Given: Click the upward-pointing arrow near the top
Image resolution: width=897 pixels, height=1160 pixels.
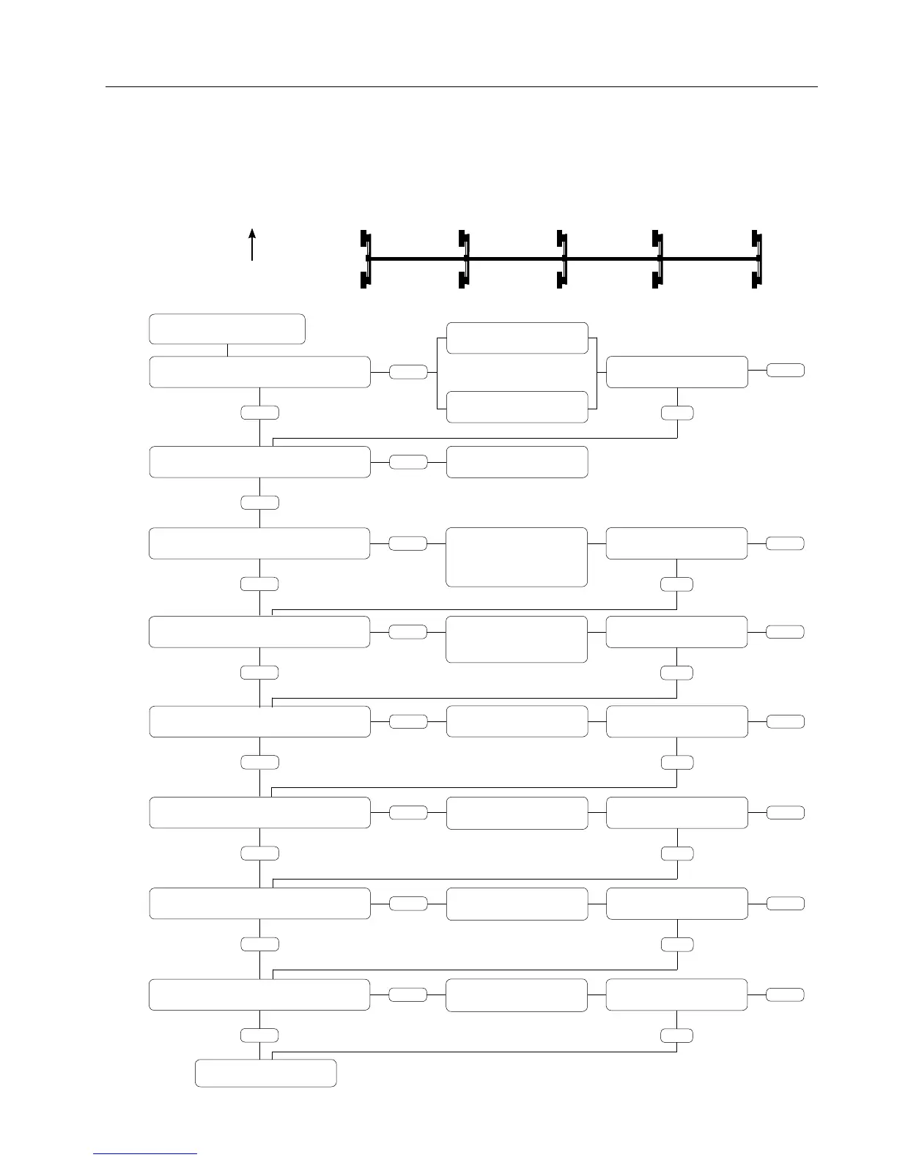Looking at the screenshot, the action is click(252, 244).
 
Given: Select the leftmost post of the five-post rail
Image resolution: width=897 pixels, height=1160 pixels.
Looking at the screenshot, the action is click(366, 259).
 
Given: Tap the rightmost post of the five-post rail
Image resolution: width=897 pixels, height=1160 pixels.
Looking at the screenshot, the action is click(757, 259).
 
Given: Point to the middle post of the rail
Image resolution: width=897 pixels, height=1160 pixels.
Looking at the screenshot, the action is click(561, 259).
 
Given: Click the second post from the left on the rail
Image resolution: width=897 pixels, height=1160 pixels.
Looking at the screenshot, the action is click(464, 259).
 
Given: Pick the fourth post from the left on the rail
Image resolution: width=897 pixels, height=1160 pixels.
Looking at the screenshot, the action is click(658, 259).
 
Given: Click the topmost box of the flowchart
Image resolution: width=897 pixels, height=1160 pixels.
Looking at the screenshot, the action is click(227, 329).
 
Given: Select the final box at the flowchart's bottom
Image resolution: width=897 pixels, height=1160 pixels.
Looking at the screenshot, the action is click(266, 1073).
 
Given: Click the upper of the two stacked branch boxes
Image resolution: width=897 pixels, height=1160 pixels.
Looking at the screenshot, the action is click(517, 338).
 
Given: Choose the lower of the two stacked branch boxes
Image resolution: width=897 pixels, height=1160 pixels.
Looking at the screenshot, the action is click(517, 407).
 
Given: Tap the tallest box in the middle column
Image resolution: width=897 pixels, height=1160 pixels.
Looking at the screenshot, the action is click(517, 557).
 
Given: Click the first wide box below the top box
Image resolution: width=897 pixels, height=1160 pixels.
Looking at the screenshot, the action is click(259, 372).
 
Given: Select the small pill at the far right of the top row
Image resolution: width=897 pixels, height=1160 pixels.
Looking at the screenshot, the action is click(785, 371).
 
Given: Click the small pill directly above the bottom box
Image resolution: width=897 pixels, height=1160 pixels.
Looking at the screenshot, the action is click(259, 1035).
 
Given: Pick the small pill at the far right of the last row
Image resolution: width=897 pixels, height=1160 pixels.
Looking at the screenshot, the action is click(785, 994).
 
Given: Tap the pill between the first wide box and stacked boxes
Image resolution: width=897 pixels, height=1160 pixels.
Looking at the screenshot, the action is click(407, 372).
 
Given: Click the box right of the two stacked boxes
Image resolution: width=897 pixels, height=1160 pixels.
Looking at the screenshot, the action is click(677, 372).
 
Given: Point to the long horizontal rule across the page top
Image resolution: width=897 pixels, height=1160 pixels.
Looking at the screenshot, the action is click(462, 87).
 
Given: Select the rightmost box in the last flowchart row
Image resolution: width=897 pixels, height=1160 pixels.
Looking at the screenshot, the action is click(677, 994).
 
